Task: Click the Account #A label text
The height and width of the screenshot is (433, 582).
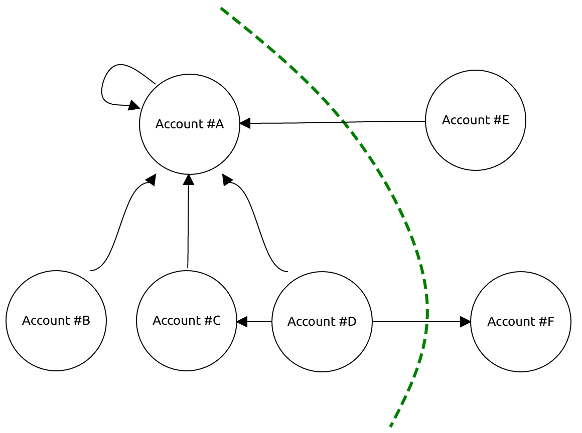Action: (x=189, y=124)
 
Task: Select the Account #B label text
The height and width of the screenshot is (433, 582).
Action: (x=56, y=321)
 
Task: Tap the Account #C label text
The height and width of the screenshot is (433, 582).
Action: (x=187, y=320)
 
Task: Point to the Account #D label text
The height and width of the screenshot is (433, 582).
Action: (x=322, y=321)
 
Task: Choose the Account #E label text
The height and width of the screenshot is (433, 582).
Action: (x=475, y=120)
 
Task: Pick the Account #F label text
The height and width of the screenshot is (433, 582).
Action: (x=520, y=321)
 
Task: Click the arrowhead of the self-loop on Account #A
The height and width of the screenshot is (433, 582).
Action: (x=134, y=105)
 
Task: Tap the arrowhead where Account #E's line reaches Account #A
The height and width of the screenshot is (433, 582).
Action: (x=245, y=123)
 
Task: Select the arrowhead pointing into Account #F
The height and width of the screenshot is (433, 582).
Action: (x=466, y=322)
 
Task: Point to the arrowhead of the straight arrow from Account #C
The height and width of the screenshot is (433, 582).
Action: (x=189, y=179)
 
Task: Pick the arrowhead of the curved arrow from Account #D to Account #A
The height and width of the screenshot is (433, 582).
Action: (x=227, y=180)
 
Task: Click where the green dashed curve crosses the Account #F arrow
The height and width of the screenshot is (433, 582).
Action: (x=427, y=322)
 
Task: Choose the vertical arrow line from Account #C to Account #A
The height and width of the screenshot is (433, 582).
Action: (x=188, y=226)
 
